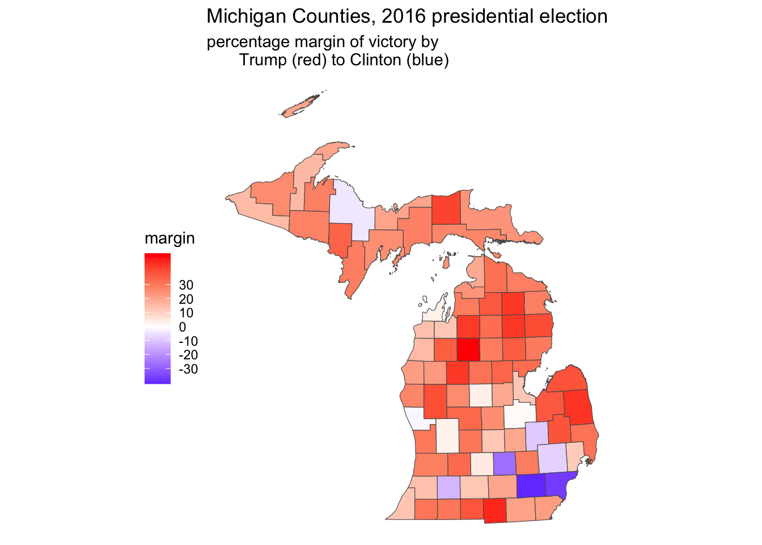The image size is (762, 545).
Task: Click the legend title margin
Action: (170, 238)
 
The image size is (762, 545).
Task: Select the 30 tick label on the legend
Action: (186, 285)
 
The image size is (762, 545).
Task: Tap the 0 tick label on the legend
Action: (182, 327)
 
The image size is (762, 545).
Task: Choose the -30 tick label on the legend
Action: (188, 370)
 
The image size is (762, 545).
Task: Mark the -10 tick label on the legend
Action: (188, 341)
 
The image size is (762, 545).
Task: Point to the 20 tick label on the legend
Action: (186, 299)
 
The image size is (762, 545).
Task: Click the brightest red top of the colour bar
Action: (158, 256)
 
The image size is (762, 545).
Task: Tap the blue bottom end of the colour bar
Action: (158, 381)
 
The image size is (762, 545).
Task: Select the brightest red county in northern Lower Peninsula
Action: (468, 349)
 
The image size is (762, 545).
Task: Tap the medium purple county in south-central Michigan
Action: (504, 463)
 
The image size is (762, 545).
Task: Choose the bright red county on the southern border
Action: (494, 511)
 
